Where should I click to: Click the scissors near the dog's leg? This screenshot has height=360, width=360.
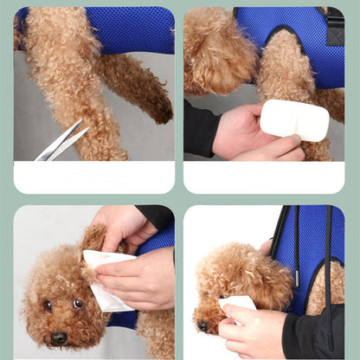point(61,141)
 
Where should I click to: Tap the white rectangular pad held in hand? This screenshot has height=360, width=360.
point(294,119)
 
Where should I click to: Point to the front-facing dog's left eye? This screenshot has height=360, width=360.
point(77,304)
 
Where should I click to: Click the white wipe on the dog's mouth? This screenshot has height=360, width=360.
point(237,304)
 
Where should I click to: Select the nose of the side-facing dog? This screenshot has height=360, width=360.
point(202,325)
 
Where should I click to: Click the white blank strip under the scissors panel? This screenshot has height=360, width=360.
point(93,177)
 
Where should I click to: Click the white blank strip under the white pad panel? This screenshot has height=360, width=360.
point(264,177)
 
